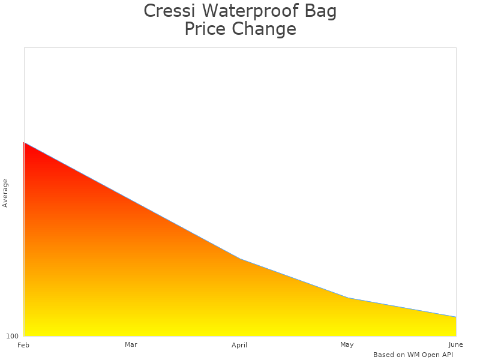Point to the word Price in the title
(x=205, y=29)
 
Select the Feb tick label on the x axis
(x=23, y=345)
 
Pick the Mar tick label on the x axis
(x=131, y=344)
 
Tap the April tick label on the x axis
(x=239, y=345)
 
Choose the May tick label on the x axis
(x=347, y=344)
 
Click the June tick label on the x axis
(x=455, y=344)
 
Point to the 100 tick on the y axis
(x=13, y=336)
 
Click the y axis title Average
(x=5, y=193)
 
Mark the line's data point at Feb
(x=24, y=143)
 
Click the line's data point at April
(x=240, y=259)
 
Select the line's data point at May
(x=348, y=298)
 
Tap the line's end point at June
(x=456, y=317)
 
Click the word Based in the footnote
(x=383, y=355)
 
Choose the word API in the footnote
(x=446, y=355)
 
